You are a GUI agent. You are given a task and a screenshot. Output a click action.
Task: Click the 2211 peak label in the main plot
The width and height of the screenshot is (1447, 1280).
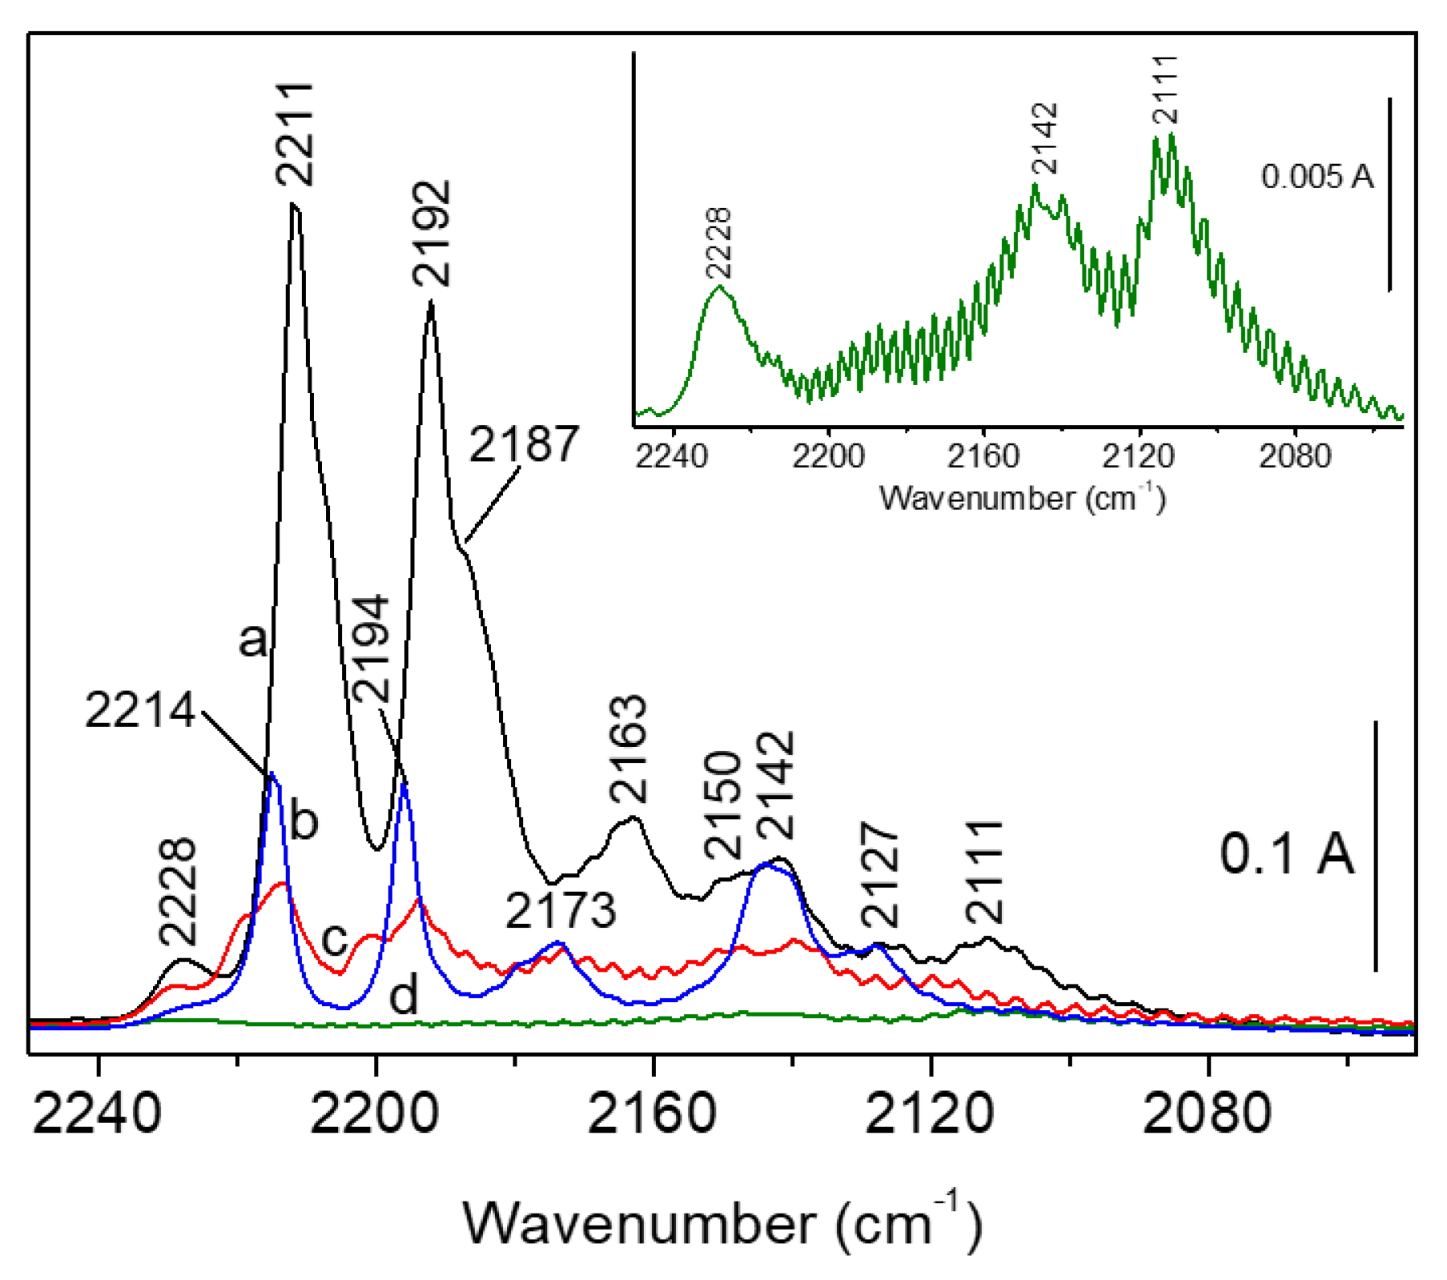point(294,134)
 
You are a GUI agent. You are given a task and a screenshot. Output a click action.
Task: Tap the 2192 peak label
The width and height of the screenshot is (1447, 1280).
point(432,234)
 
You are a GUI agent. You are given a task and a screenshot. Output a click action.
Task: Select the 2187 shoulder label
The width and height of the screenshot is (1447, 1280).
point(523,445)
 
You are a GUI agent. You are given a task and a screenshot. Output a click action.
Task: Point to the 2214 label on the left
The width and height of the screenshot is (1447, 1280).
point(140,710)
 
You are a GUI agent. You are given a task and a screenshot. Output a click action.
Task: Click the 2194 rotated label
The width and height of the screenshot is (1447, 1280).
point(372,649)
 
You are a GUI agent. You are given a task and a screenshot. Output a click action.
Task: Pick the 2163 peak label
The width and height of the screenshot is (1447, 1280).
point(629,750)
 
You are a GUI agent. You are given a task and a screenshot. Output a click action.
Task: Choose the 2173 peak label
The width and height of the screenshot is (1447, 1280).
point(561,910)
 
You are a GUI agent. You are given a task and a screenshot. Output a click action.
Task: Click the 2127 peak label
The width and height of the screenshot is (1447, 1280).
point(881,875)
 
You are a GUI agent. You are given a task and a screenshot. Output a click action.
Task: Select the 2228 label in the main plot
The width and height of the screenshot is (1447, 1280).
point(178,892)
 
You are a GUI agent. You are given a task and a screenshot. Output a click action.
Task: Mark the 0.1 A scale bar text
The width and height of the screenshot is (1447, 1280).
point(1286,853)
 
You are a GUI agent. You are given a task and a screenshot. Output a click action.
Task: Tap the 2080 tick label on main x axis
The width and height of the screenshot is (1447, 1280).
point(1207,1113)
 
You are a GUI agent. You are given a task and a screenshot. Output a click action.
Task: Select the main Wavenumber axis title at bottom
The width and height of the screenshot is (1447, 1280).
point(721,1223)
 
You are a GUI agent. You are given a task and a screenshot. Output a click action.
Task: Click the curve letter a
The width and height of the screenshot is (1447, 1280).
point(253,640)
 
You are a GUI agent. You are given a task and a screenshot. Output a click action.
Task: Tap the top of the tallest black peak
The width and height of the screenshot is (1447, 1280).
point(294,206)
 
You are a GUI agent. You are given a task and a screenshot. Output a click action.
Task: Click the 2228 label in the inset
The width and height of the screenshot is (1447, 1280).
point(718,243)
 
